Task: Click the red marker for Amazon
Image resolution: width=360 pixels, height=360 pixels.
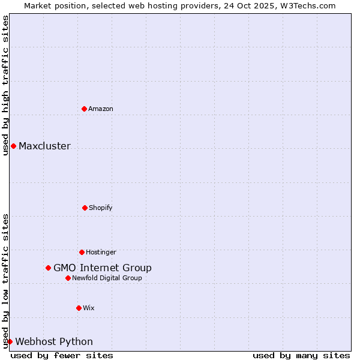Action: tap(84, 109)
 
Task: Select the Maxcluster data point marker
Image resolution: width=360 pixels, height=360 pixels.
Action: tap(13, 146)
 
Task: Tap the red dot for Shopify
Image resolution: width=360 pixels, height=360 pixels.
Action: tap(85, 208)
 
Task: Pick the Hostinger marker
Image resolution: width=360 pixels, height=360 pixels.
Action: tap(82, 252)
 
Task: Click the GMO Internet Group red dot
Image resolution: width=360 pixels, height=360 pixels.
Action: tap(48, 268)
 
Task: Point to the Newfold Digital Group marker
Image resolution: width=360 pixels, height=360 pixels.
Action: tap(68, 278)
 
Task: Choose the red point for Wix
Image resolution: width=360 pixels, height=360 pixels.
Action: tap(79, 308)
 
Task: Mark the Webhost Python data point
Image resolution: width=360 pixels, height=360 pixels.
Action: tap(10, 341)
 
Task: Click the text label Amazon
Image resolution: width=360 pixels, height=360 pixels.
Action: tap(101, 109)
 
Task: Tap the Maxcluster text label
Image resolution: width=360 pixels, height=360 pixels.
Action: tap(44, 146)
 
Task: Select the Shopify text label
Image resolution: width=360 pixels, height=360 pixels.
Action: tap(101, 208)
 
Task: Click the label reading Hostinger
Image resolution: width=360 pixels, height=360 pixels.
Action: tap(101, 252)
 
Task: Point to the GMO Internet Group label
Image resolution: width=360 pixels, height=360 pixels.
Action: tap(103, 268)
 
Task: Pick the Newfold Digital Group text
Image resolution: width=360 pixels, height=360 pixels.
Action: tap(107, 278)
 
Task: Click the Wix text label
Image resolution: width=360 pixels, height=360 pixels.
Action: tap(89, 308)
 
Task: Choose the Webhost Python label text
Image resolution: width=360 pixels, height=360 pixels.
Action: tap(54, 341)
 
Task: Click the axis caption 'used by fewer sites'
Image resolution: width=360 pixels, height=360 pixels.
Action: tap(62, 355)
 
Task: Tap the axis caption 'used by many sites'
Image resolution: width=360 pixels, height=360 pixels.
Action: tap(301, 355)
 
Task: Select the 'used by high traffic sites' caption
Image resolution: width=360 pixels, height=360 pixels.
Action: tap(5, 85)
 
